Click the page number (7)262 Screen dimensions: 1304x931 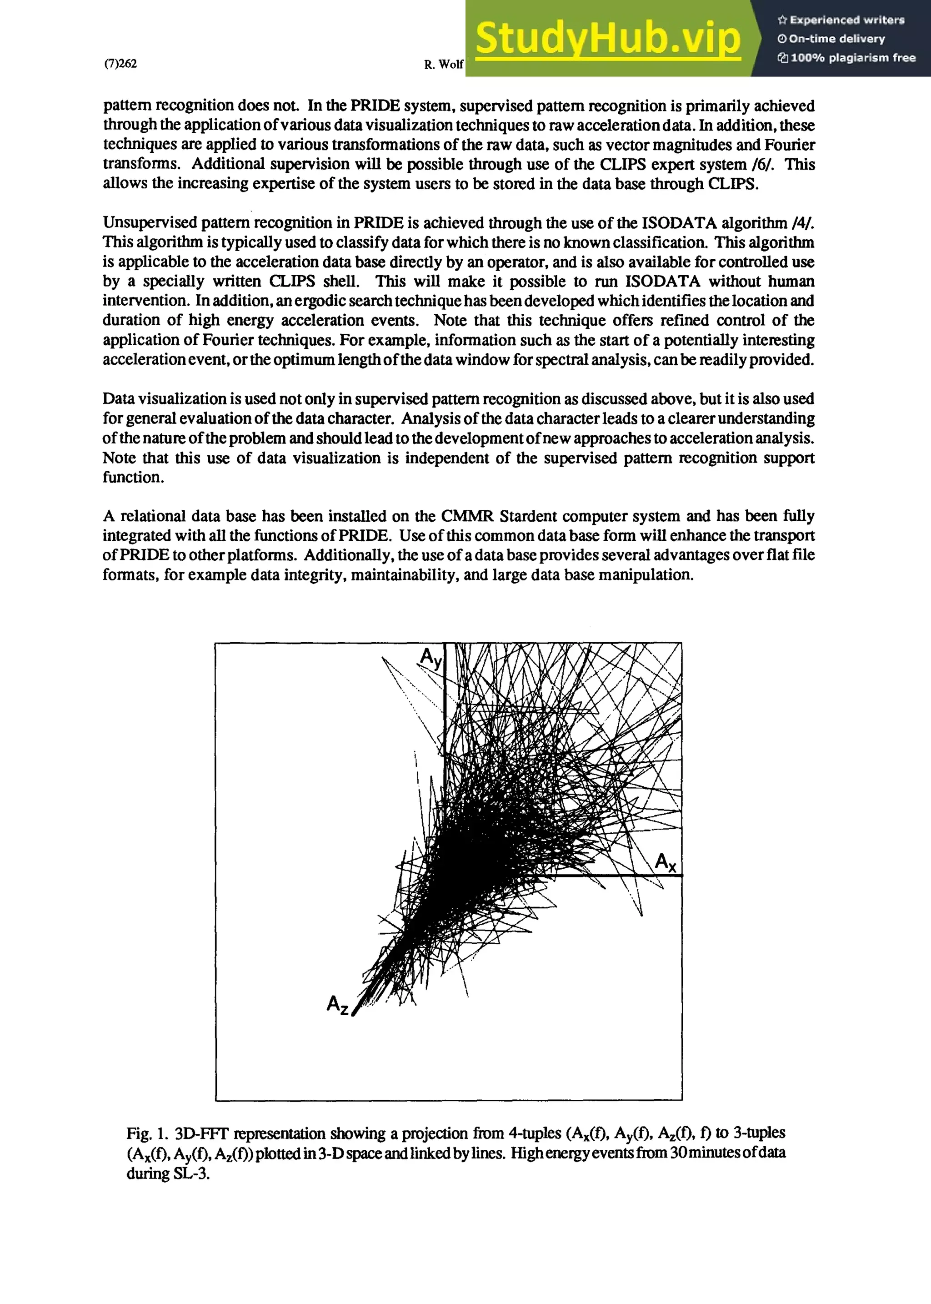pyautogui.click(x=120, y=64)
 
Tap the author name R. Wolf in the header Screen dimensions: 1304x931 pyautogui.click(x=443, y=65)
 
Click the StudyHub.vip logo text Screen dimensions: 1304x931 pyautogui.click(x=608, y=38)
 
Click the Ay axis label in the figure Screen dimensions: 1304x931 pyautogui.click(x=431, y=658)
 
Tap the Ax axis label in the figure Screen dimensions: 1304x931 pyautogui.click(x=665, y=862)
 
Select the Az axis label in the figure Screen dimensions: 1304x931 pyautogui.click(x=337, y=1005)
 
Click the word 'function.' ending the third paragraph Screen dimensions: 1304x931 pyautogui.click(x=133, y=477)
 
